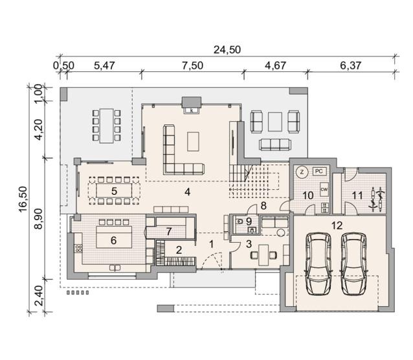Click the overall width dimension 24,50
click(227, 50)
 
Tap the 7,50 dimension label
click(193, 65)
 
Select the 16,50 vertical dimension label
click(23, 199)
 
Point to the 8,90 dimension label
click(38, 218)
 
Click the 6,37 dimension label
click(351, 65)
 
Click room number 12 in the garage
click(337, 225)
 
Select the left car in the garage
click(318, 264)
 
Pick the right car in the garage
click(353, 264)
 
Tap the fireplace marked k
click(192, 106)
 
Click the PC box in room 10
click(319, 172)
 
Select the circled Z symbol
click(302, 172)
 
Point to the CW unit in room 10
click(324, 190)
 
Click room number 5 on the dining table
click(114, 191)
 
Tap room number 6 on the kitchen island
click(113, 240)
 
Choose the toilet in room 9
click(240, 221)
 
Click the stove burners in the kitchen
click(79, 249)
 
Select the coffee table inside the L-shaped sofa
click(193, 142)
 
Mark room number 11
click(357, 196)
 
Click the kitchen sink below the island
click(115, 268)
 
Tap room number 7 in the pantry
click(169, 232)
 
